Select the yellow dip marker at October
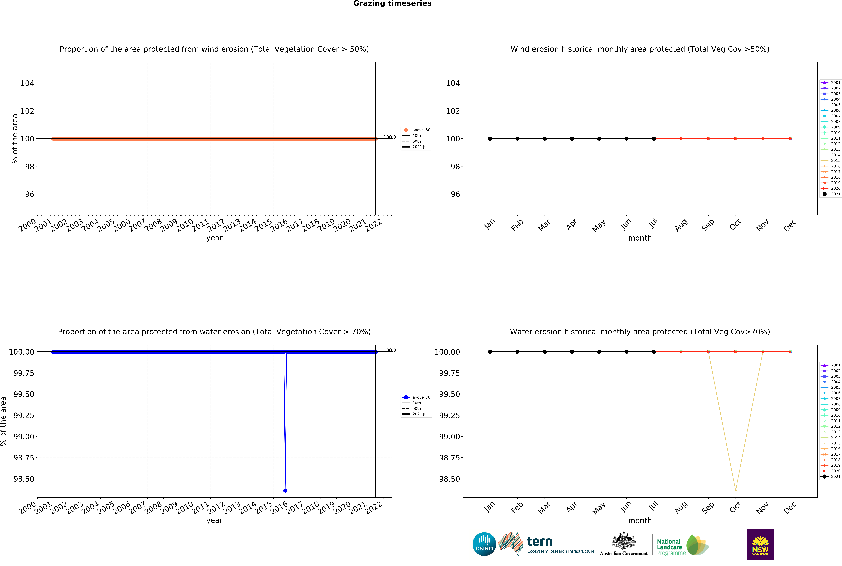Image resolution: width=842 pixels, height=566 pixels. coord(735,490)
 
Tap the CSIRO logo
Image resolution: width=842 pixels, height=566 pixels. coord(484,544)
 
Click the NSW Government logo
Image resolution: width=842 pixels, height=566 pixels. coord(760,544)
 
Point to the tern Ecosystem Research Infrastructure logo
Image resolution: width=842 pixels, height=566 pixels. coord(546,544)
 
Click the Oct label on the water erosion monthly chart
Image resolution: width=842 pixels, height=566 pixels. coord(735,507)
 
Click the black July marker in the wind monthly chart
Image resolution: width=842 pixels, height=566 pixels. coord(654,139)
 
